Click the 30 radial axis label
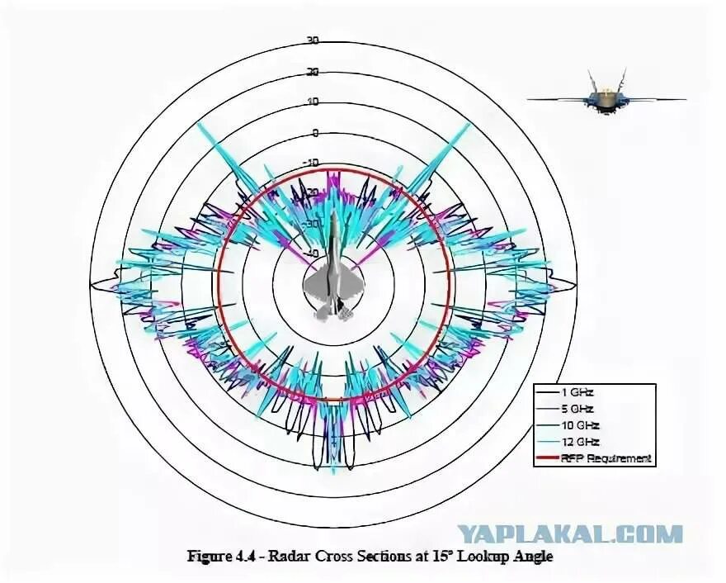[312, 40]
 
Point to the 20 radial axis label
[312, 72]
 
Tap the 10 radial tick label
[312, 102]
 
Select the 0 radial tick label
[315, 132]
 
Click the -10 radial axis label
[310, 163]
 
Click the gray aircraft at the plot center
[333, 281]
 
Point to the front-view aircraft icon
[606, 98]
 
